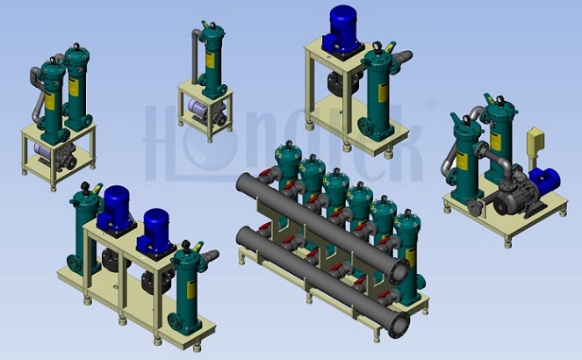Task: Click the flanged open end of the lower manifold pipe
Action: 399,326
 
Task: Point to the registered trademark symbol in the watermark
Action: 430,104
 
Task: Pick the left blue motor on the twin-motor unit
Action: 115,208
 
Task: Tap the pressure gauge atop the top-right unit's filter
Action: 377,47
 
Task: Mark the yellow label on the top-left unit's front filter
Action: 49,101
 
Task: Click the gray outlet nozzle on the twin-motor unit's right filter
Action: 210,256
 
